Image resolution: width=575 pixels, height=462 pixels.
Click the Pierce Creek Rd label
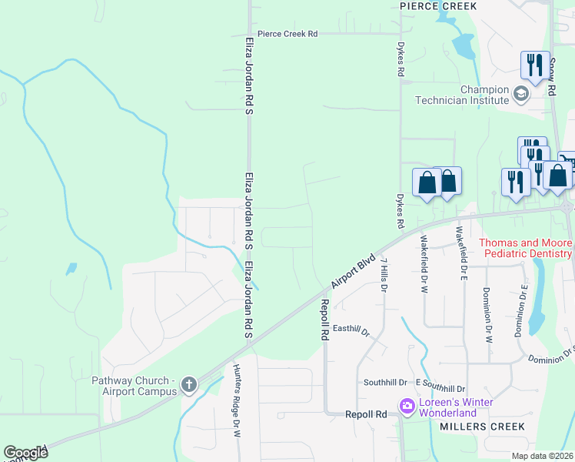tap(287, 34)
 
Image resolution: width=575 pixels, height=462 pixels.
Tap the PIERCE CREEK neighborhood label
tap(438, 6)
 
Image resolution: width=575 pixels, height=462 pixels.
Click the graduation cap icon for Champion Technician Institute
tap(521, 94)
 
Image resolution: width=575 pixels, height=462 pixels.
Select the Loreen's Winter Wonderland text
tap(455, 408)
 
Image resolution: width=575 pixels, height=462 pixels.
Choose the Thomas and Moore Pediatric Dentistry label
tap(526, 248)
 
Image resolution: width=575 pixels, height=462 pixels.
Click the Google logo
tap(25, 453)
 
